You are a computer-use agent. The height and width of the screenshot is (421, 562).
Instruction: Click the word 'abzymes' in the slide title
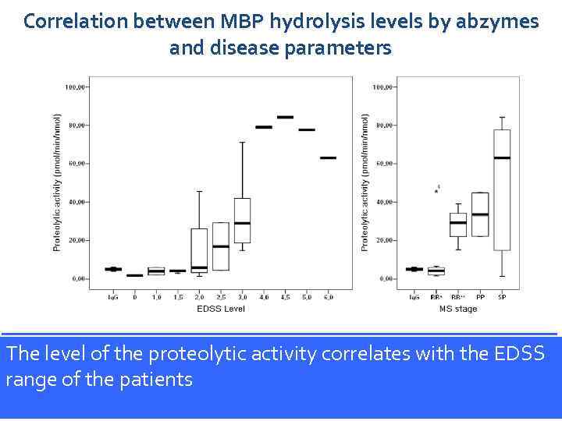tap(496, 21)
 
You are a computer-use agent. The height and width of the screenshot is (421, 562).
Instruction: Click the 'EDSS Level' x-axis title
tap(221, 309)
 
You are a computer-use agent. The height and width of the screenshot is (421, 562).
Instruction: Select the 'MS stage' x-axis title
tap(457, 309)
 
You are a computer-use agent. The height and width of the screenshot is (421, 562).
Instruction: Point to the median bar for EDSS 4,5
tap(285, 117)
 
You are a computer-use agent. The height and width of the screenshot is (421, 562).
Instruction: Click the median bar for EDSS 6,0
tap(328, 157)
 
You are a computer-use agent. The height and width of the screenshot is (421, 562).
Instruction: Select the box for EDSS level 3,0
tap(242, 220)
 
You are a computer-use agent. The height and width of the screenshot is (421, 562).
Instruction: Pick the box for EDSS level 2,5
tap(221, 246)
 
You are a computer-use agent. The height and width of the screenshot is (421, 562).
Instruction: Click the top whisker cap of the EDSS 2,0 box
tap(199, 191)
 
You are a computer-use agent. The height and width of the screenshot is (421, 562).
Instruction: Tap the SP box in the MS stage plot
tap(502, 189)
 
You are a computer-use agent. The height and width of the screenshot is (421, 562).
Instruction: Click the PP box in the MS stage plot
tap(480, 214)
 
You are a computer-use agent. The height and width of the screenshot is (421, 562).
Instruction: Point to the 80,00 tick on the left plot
tap(76, 126)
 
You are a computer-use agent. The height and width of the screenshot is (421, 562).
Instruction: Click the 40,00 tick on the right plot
tap(382, 202)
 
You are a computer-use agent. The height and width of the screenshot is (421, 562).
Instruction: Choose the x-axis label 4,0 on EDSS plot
tap(264, 297)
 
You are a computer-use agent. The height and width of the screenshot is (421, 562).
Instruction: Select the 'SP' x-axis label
tap(502, 297)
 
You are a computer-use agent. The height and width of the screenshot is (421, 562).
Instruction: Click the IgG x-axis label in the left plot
tap(113, 297)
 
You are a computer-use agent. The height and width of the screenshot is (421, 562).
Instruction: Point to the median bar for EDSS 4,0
tap(264, 127)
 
